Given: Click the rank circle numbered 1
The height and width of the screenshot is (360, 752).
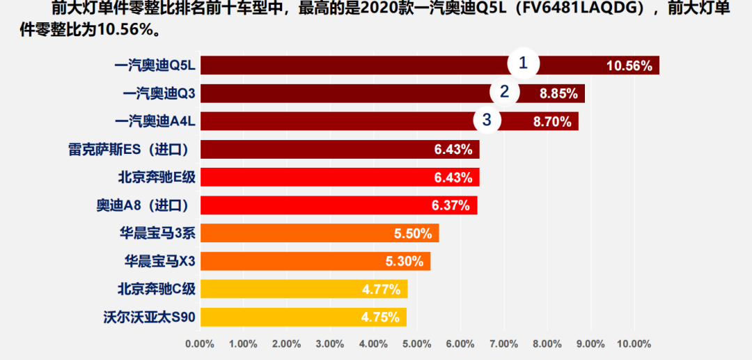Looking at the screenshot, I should coord(523,64).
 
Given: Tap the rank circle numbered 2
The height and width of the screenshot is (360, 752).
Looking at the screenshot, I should coord(504,92).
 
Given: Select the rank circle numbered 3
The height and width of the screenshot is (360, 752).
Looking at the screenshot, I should coord(487,120).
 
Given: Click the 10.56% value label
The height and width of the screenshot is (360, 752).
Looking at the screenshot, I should coord(629,66).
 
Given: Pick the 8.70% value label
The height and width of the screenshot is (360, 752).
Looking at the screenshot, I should coord(552,122).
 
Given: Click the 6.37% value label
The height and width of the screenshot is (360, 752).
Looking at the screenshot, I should coord(451,205).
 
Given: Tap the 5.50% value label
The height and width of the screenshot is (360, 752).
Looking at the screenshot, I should coord(413,233).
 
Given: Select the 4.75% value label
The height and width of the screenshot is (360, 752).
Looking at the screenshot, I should coord(380,318).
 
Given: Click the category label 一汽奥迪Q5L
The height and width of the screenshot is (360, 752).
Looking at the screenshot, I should coord(155,66).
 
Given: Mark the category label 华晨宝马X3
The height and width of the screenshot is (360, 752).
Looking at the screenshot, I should coord(160,261).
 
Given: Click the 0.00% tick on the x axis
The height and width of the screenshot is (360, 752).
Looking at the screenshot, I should coord(200,344).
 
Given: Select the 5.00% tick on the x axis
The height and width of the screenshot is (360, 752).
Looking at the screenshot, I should coord(417,344).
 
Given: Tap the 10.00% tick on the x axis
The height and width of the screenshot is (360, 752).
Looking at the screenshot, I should coord(633,344).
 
